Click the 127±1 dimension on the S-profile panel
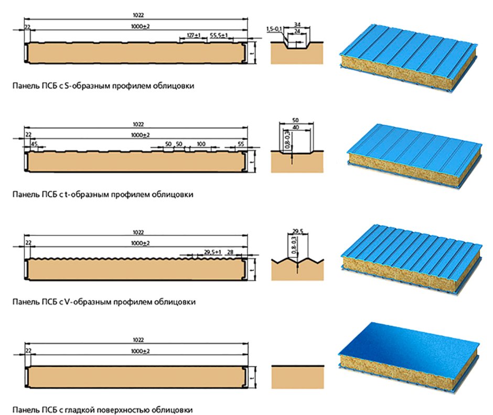[194, 35]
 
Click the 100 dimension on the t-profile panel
[201, 143]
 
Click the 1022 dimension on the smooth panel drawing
[138, 340]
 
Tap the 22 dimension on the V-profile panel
[28, 242]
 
